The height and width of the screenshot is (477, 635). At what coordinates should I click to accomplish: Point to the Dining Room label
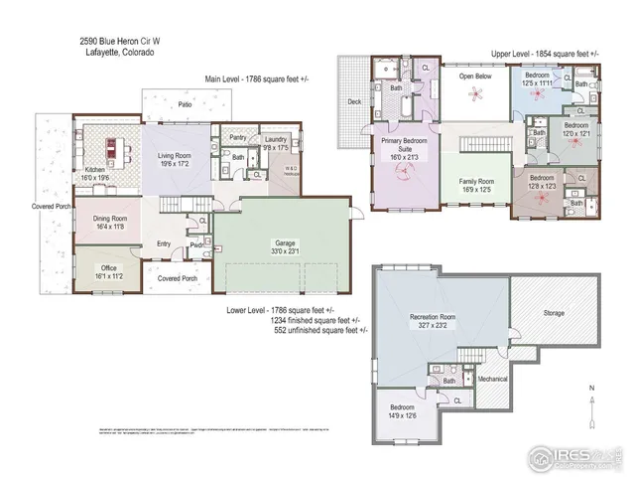coord(111,222)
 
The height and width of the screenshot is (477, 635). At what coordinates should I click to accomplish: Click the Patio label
coord(184,102)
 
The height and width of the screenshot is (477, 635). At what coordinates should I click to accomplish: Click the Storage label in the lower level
coord(554,313)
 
